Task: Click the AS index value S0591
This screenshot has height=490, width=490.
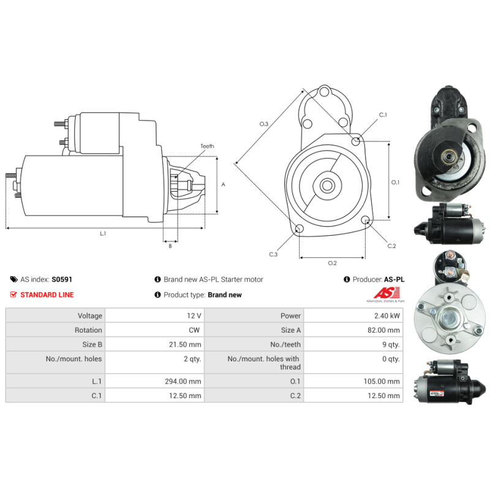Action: [62, 279]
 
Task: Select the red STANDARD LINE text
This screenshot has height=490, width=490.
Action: [47, 295]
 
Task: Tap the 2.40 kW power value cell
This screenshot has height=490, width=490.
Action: [353, 315]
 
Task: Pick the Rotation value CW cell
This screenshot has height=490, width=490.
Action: [155, 330]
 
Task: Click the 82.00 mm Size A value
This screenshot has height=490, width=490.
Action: [383, 330]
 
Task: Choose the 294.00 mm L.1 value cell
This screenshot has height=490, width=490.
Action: [155, 381]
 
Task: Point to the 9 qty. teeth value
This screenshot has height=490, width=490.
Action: [391, 344]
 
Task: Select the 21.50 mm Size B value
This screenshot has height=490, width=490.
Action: [185, 344]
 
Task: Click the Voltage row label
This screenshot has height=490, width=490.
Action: [90, 315]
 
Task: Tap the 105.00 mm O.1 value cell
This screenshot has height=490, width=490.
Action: [353, 381]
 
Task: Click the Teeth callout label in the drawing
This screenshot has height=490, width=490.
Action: [207, 146]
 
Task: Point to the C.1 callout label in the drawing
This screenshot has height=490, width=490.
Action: [383, 115]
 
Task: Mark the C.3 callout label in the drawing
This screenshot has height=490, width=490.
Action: [273, 254]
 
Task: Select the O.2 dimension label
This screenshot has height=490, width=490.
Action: [332, 263]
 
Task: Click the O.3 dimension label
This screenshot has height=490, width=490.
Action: [264, 124]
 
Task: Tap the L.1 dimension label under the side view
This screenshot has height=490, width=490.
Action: [103, 233]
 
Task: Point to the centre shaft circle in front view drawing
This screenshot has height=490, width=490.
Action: [327, 186]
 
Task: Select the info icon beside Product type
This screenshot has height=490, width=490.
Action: [157, 295]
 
